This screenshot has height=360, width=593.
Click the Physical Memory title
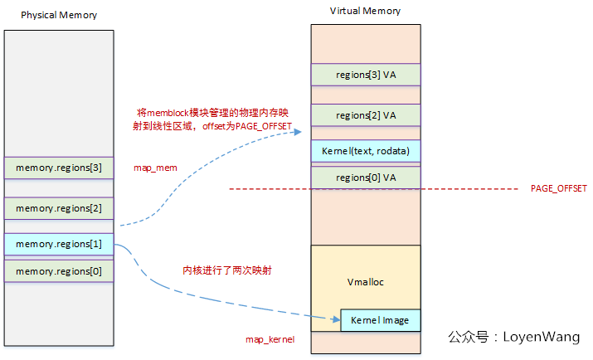point(58,15)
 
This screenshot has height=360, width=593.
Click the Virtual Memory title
point(365,11)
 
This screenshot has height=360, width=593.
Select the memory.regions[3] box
point(58,168)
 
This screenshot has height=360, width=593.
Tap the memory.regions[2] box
point(58,208)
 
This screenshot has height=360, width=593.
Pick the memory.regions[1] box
point(58,244)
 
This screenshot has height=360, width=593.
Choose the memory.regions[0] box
point(58,270)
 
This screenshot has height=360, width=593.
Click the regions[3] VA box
point(366,75)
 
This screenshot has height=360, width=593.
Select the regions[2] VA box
point(366,115)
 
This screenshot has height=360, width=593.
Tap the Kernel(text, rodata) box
point(366,151)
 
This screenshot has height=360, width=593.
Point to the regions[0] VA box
point(366,178)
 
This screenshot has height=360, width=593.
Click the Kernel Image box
point(380,320)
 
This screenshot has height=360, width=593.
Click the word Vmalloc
point(365,282)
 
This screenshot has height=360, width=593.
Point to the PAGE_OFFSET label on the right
point(558,189)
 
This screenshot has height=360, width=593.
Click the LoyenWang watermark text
point(514,337)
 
